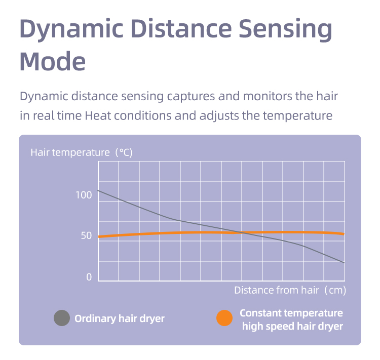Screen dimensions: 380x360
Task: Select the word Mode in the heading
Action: point(52,62)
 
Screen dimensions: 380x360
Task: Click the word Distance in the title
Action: point(181,28)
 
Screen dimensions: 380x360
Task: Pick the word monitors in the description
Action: point(268,96)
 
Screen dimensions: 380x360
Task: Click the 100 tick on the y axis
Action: point(84,195)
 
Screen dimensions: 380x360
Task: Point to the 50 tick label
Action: point(86,236)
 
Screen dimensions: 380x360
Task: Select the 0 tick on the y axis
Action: point(89,277)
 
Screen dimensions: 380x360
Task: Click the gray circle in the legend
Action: point(62,318)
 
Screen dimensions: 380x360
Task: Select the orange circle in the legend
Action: point(224,318)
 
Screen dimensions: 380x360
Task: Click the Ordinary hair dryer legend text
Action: point(120,318)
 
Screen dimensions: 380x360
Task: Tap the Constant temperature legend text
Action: point(291,313)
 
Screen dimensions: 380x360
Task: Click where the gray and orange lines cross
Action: point(242,232)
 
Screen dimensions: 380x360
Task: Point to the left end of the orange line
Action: point(99,236)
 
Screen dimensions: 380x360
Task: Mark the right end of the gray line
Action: point(344,262)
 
